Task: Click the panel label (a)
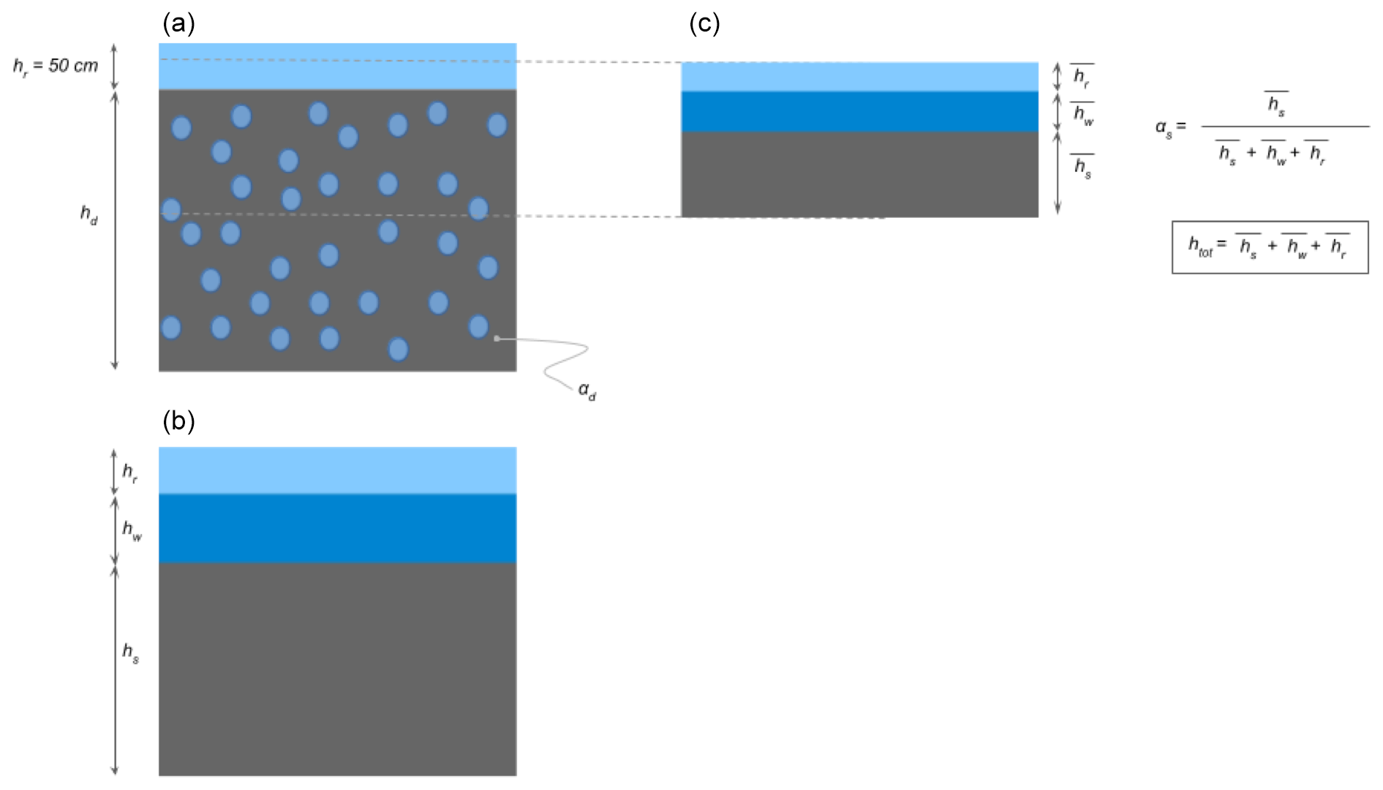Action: [178, 24]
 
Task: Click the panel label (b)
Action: [178, 421]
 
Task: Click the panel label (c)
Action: [704, 24]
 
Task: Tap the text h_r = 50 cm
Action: [56, 66]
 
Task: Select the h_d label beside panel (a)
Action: [88, 214]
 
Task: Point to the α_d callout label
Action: [587, 391]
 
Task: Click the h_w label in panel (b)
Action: [132, 530]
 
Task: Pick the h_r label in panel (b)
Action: [129, 472]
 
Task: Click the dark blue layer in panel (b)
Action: [337, 528]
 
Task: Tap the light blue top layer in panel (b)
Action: [337, 470]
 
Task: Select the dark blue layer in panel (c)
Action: [859, 111]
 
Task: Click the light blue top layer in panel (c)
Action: [859, 77]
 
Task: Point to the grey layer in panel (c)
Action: [859, 174]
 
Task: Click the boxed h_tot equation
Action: [1270, 247]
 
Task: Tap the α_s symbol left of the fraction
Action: [1164, 127]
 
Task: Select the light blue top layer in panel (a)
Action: [337, 66]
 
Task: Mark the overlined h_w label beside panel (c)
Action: [1083, 114]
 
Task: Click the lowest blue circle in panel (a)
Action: [398, 349]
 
